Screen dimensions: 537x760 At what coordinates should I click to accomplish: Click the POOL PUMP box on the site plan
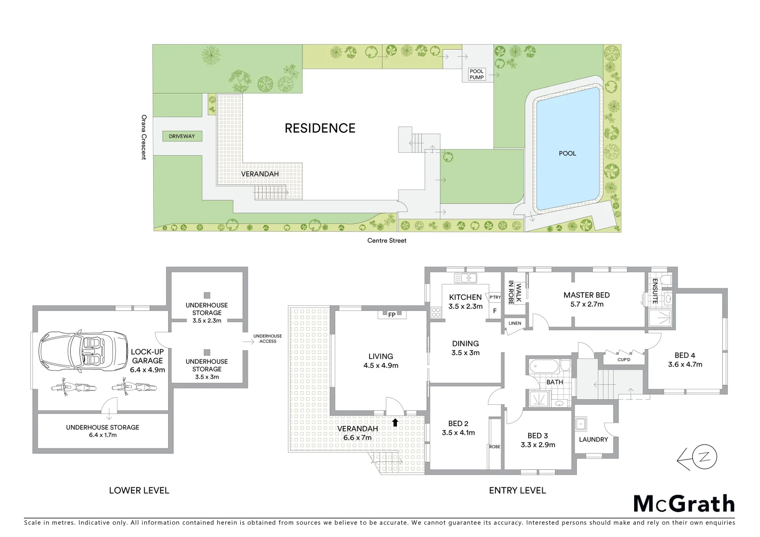tap(476, 75)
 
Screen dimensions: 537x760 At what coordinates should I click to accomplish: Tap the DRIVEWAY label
tap(182, 136)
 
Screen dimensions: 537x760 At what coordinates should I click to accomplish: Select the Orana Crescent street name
tap(144, 137)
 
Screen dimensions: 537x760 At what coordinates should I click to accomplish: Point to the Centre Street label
tap(386, 241)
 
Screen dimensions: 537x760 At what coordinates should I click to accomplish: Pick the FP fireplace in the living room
tap(392, 315)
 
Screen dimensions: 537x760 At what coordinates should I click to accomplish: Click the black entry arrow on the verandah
tap(395, 423)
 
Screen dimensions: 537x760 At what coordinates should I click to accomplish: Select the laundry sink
tap(580, 424)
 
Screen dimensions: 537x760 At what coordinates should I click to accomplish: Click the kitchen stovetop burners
tap(436, 312)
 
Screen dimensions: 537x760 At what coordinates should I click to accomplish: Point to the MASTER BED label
tap(586, 295)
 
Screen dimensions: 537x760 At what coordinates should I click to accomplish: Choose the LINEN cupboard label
tap(515, 324)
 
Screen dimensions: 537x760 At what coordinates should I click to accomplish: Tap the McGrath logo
tap(683, 504)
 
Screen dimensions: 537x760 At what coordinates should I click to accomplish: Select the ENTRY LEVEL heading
tap(517, 491)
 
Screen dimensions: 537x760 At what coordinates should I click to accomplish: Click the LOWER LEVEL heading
tap(139, 491)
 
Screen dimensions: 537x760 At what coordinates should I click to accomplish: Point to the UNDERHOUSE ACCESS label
tap(268, 339)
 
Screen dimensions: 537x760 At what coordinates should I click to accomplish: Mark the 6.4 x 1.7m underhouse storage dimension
tap(103, 436)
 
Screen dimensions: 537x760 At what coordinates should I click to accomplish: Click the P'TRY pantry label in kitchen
tap(495, 298)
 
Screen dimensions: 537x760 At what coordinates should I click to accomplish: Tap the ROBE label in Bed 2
tap(494, 447)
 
